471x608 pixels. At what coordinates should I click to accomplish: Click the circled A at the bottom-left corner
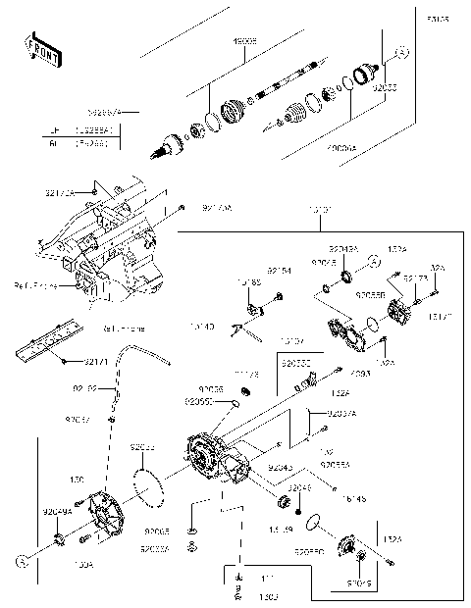[19, 561]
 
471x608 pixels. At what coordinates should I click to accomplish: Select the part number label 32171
[95, 362]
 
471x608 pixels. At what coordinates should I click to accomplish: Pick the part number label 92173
[416, 278]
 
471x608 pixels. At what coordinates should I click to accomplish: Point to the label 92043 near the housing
[283, 467]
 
